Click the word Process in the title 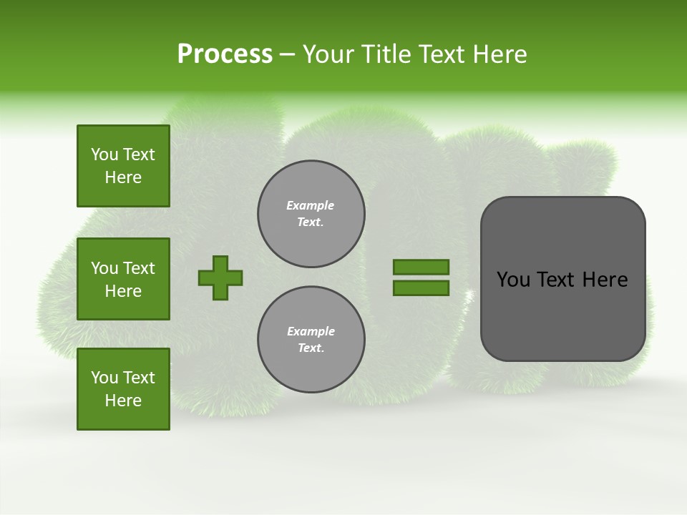pos(225,54)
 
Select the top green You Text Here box pos(123,166)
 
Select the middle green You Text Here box pos(123,279)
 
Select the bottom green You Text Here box pos(123,389)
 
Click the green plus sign pos(220,278)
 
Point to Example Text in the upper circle pos(311,214)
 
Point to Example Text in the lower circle pos(311,340)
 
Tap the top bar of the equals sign pos(421,267)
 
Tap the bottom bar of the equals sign pos(421,288)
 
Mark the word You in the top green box pos(104,154)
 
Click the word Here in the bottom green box pos(123,401)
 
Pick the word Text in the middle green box pos(139,268)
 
